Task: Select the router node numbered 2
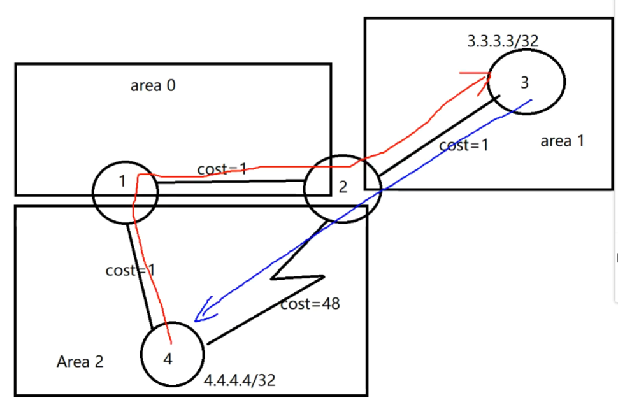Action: point(342,188)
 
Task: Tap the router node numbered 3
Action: point(526,81)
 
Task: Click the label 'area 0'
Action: point(153,86)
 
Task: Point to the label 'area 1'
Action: point(562,141)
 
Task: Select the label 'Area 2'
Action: point(80,362)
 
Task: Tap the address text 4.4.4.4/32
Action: point(240,380)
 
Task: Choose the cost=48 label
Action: point(310,304)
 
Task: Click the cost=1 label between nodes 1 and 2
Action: point(222,169)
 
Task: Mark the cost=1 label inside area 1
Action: point(464,145)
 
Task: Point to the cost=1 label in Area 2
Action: point(131,271)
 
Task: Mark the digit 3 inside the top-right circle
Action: point(524,82)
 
